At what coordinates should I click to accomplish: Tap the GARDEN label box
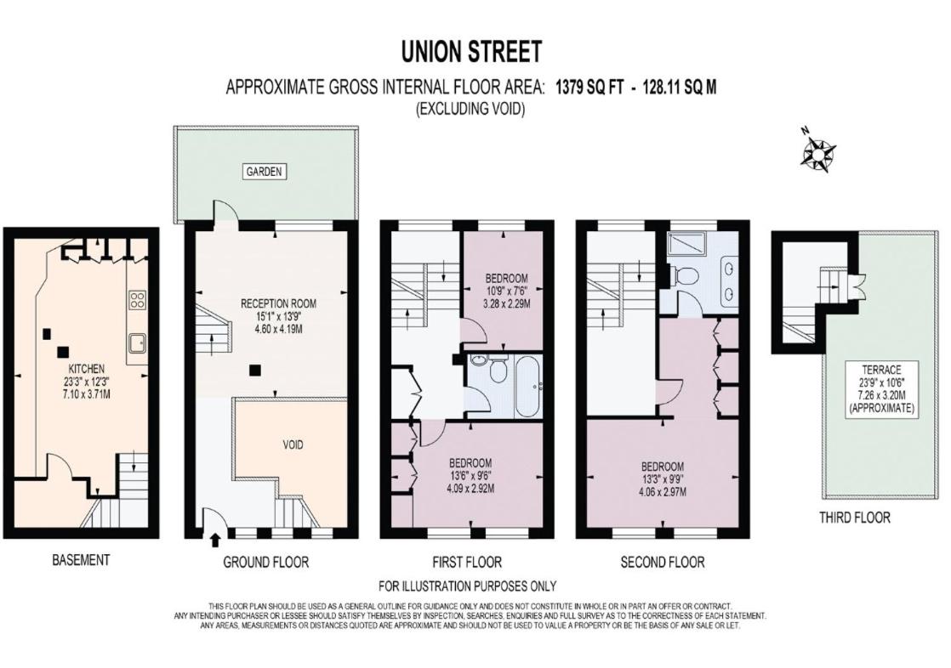pyautogui.click(x=264, y=172)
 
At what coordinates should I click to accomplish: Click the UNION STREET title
pyautogui.click(x=471, y=52)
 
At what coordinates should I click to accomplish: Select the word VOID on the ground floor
pyautogui.click(x=293, y=445)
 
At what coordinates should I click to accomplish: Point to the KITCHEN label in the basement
pyautogui.click(x=86, y=369)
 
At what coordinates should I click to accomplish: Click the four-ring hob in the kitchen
pyautogui.click(x=137, y=300)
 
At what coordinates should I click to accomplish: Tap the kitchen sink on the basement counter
pyautogui.click(x=136, y=343)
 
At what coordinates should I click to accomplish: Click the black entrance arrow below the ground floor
pyautogui.click(x=214, y=539)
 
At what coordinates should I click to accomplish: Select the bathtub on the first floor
pyautogui.click(x=529, y=387)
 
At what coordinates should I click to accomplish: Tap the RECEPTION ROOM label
pyautogui.click(x=278, y=303)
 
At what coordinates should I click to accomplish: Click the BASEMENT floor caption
pyautogui.click(x=81, y=559)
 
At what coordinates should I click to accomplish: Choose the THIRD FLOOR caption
pyautogui.click(x=855, y=517)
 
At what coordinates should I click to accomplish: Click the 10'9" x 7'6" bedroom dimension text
pyautogui.click(x=506, y=291)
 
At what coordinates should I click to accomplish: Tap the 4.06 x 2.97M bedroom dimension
pyautogui.click(x=663, y=492)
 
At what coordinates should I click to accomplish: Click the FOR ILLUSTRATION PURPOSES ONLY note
pyautogui.click(x=467, y=586)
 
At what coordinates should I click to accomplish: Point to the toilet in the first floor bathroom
pyautogui.click(x=498, y=367)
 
